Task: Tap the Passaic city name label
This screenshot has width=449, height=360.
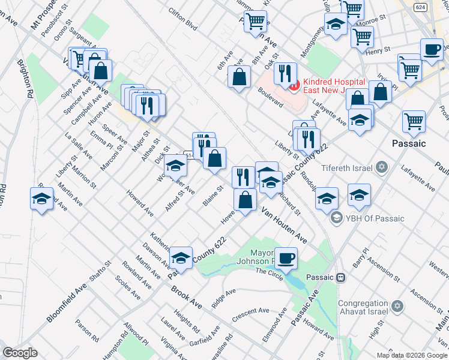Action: [408, 143]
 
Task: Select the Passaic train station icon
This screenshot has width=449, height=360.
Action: [340, 278]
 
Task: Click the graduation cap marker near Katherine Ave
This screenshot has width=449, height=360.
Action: [181, 257]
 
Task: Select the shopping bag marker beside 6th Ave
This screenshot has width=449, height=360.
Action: [240, 76]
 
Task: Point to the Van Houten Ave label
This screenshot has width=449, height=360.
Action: [284, 226]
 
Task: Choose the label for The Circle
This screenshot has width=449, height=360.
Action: [269, 271]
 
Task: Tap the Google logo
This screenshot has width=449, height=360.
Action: [20, 353]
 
